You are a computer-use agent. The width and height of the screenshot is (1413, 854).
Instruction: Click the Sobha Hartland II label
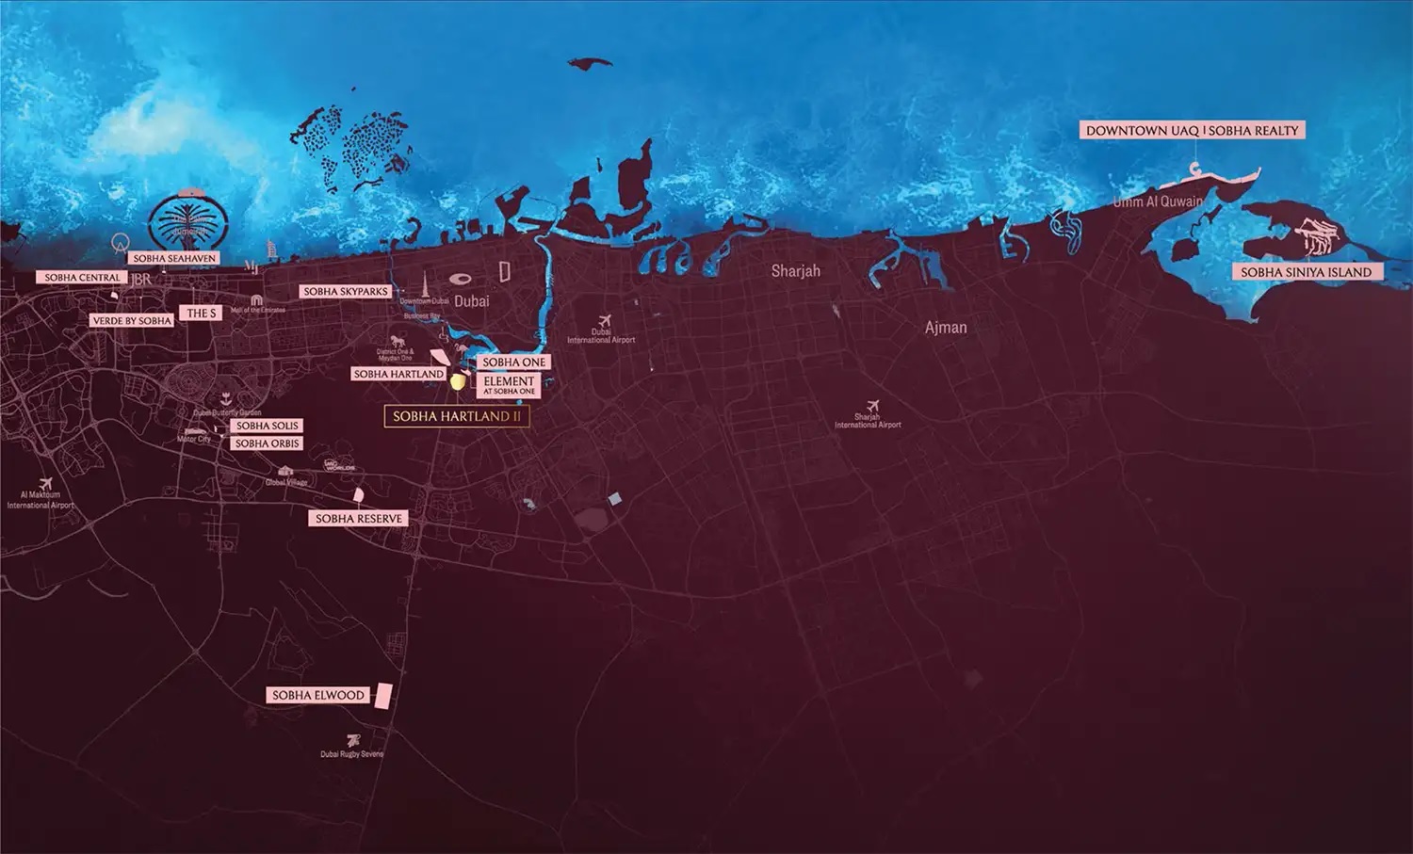tap(457, 416)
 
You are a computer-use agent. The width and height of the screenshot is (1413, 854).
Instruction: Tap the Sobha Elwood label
tap(317, 695)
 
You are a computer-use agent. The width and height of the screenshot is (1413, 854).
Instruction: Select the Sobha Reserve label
tap(359, 519)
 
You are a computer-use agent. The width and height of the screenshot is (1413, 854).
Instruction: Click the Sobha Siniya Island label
tap(1306, 272)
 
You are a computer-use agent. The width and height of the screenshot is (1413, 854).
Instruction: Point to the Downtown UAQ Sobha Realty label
tap(1192, 131)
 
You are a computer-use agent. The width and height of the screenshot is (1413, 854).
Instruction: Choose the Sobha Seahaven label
tap(174, 258)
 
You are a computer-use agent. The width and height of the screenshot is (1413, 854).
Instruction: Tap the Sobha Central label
tap(83, 278)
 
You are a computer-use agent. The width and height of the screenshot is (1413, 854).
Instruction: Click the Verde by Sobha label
tap(132, 321)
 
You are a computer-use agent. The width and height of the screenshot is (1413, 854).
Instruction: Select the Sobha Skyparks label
tap(346, 292)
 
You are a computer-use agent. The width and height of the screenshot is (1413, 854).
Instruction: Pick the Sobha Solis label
tap(268, 426)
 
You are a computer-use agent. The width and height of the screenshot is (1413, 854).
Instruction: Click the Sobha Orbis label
tap(268, 443)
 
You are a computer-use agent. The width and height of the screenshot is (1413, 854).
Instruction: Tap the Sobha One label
tap(513, 363)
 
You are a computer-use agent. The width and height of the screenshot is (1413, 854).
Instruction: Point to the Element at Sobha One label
tap(509, 385)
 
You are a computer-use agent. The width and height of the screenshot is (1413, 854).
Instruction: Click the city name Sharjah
tap(795, 271)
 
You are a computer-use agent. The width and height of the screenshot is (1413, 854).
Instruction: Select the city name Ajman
tap(946, 328)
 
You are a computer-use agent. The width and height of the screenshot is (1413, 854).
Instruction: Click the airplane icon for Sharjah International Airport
tap(872, 406)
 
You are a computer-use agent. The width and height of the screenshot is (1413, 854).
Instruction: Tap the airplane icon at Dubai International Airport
tap(604, 321)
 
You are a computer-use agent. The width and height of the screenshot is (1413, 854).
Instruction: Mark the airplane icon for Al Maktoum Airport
tap(44, 484)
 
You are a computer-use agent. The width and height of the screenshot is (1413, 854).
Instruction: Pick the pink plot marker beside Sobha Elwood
tap(382, 696)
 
